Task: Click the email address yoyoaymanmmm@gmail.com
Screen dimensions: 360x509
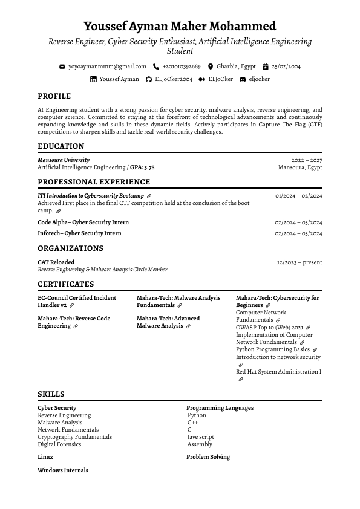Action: (x=107, y=66)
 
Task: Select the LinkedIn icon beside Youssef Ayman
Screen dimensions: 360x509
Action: (x=93, y=79)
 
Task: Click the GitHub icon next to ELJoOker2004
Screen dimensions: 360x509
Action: (x=149, y=79)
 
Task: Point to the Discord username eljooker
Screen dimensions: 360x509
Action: (x=259, y=79)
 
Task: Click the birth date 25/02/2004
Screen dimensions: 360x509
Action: (x=286, y=66)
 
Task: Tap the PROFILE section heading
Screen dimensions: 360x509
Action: (x=54, y=96)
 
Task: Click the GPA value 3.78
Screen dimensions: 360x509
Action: (x=149, y=167)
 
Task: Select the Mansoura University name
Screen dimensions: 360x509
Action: (x=64, y=160)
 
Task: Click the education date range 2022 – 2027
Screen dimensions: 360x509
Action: (x=307, y=160)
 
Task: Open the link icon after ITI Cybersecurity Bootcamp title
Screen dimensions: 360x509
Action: (x=149, y=196)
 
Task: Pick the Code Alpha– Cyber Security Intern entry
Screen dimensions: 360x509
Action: (x=83, y=222)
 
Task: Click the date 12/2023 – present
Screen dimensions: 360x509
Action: (x=299, y=262)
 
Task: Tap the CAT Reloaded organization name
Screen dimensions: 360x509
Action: (x=56, y=262)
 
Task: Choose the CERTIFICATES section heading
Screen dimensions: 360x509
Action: (x=65, y=284)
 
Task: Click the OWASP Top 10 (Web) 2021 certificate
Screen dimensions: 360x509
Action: (x=269, y=328)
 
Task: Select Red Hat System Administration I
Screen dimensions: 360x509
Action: (x=278, y=372)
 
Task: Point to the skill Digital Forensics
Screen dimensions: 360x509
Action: (x=59, y=444)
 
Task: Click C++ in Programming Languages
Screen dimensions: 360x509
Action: (x=193, y=423)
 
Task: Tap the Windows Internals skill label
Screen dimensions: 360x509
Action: (x=63, y=470)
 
